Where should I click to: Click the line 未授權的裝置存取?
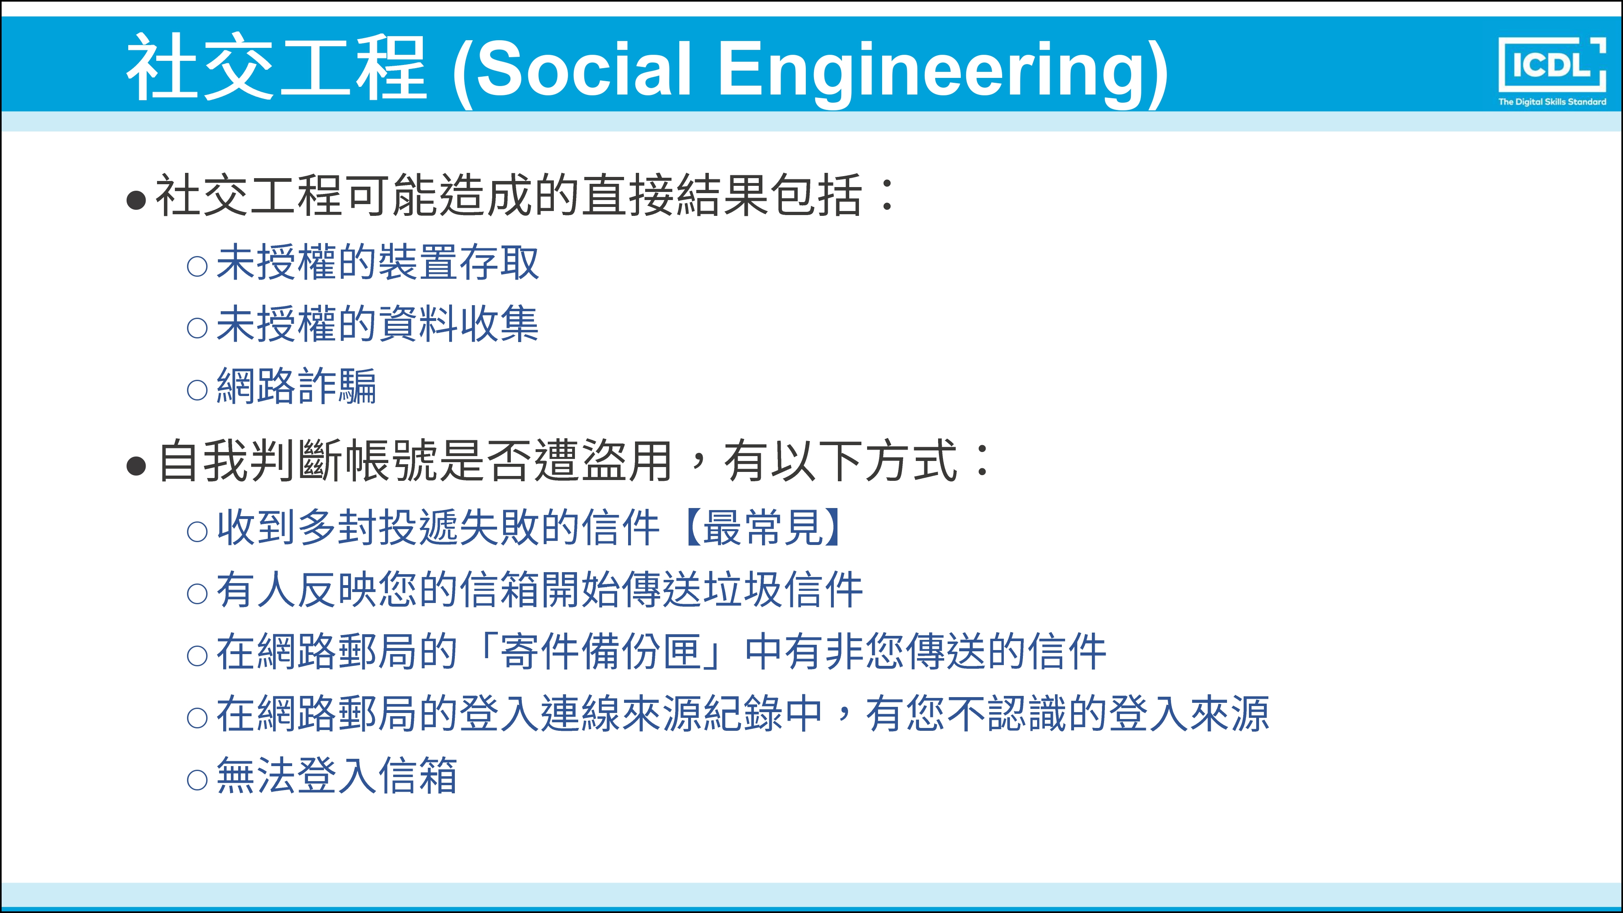[x=377, y=262]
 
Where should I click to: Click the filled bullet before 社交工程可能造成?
[x=136, y=200]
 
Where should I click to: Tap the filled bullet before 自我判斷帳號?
[x=136, y=466]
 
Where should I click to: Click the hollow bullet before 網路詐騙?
[x=197, y=390]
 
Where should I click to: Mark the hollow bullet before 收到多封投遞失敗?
[x=197, y=531]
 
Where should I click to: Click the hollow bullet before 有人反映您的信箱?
[x=197, y=594]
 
